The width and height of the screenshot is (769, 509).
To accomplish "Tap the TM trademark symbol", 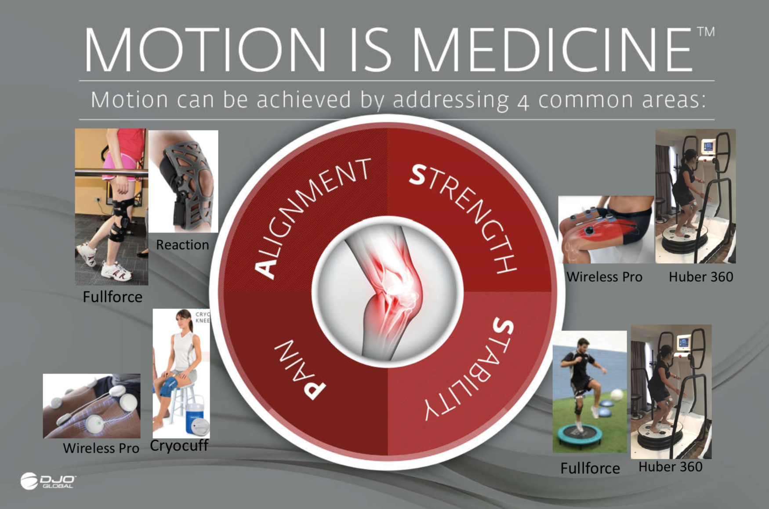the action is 706,32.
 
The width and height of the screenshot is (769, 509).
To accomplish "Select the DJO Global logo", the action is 48,481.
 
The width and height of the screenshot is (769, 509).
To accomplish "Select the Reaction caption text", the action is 182,245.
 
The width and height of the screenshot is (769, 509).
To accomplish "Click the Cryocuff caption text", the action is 179,446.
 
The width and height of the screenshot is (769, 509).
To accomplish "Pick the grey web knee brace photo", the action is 183,181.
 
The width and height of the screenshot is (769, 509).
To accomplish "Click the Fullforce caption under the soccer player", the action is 590,468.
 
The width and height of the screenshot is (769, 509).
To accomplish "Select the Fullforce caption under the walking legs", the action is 112,297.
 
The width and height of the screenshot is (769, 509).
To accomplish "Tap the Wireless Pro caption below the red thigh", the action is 605,277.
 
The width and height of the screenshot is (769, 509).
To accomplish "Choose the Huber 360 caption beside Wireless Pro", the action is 701,277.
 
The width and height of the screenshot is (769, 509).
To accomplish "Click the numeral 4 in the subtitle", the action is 523,103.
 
